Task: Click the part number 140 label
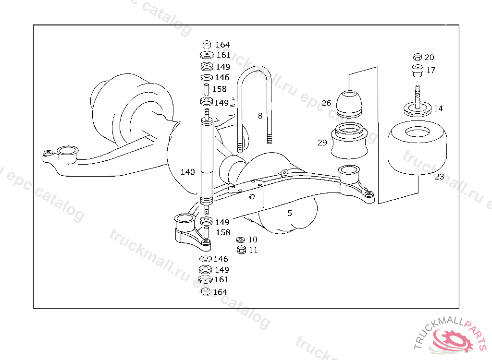pos(187,172)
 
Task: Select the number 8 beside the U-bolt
pos(260,116)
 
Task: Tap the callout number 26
pos(326,103)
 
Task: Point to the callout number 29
pos(322,143)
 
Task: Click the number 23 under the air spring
pos(440,177)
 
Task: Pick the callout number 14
pos(438,108)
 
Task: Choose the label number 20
pos(429,57)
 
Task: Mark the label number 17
pos(430,70)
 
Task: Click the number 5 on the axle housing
pos(290,213)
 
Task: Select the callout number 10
pos(253,240)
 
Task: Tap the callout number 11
pos(253,250)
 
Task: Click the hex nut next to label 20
pos(417,57)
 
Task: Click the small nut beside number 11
pos(242,250)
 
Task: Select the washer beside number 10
pos(241,240)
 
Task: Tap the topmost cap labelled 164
pos(208,44)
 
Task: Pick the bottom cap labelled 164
pos(206,292)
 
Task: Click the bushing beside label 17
pos(417,70)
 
